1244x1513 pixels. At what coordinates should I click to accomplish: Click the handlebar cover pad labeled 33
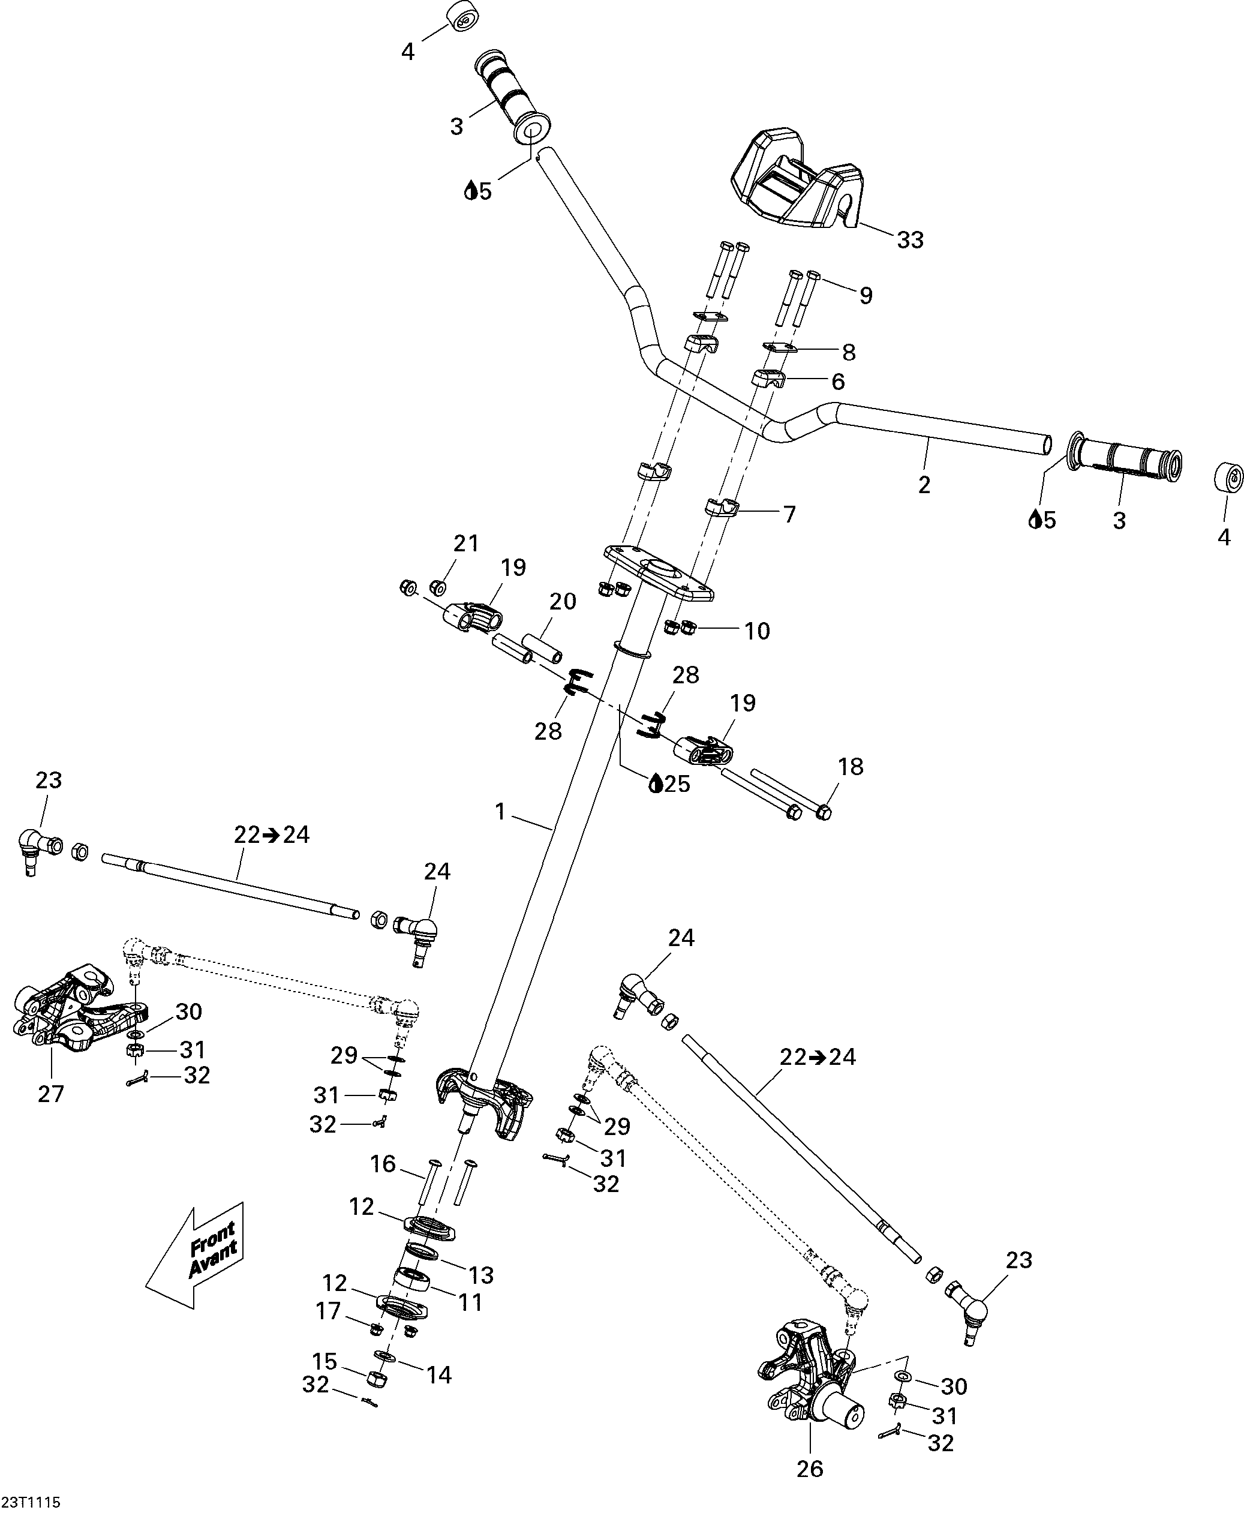[x=797, y=177]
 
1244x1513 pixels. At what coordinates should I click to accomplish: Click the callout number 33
[x=910, y=239]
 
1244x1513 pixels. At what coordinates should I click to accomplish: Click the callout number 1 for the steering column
[x=500, y=811]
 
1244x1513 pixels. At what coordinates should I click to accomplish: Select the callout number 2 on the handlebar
[x=924, y=485]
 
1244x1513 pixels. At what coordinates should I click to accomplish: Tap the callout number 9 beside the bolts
[x=866, y=295]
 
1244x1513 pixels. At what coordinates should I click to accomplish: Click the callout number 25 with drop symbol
[x=669, y=783]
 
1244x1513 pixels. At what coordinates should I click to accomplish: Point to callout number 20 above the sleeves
[x=563, y=601]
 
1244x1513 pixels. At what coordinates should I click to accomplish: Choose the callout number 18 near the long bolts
[x=851, y=766]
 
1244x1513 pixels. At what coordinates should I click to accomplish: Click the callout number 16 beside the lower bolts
[x=383, y=1164]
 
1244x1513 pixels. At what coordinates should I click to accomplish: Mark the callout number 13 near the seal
[x=481, y=1275]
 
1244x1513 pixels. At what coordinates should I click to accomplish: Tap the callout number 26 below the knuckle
[x=810, y=1469]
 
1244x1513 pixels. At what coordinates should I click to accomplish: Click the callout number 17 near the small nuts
[x=328, y=1311]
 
